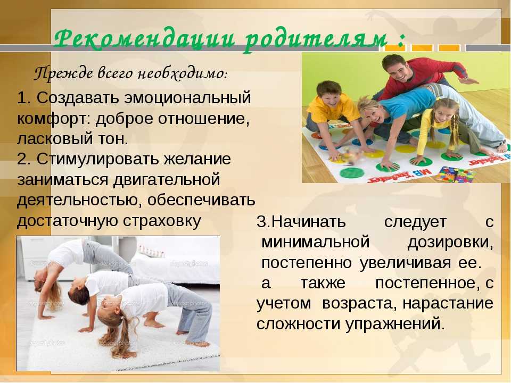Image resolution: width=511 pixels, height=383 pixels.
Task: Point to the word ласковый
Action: pyautogui.click(x=55, y=139)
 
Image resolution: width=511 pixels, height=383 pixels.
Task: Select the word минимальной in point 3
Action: pyautogui.click(x=316, y=243)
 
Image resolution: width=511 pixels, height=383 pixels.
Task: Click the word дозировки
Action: pyautogui.click(x=450, y=243)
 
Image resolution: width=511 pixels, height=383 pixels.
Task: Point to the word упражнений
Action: pyautogui.click(x=394, y=324)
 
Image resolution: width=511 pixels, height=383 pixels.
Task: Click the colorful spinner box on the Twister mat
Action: pyautogui.click(x=455, y=174)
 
